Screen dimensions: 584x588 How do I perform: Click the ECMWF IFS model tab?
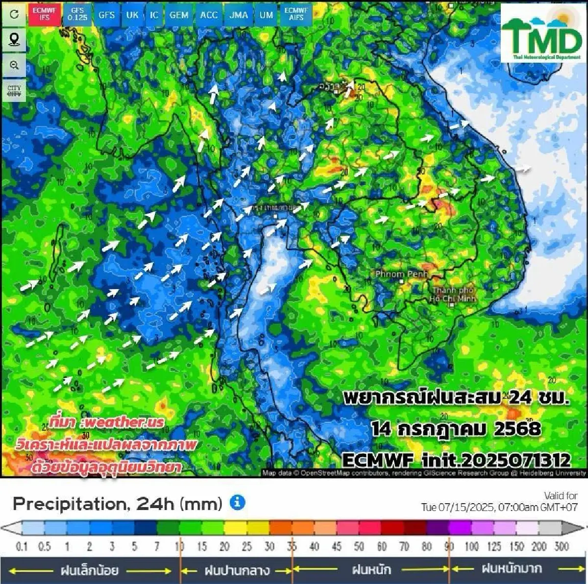pyautogui.click(x=45, y=14)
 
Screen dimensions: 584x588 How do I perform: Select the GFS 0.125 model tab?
pyautogui.click(x=77, y=14)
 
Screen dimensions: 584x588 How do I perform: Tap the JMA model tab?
pyautogui.click(x=239, y=15)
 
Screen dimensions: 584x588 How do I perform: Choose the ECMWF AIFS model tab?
pyautogui.click(x=296, y=14)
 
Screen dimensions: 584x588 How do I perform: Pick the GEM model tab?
pyautogui.click(x=179, y=15)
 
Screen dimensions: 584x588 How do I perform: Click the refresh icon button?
pyautogui.click(x=14, y=14)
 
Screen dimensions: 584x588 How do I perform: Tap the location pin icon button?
pyautogui.click(x=14, y=39)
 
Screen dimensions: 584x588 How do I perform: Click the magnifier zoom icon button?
pyautogui.click(x=14, y=65)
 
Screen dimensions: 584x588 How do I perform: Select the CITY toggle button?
pyautogui.click(x=14, y=91)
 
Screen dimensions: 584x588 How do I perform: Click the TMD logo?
pyautogui.click(x=541, y=34)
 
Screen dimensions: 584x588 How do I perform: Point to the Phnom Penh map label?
pyautogui.click(x=401, y=274)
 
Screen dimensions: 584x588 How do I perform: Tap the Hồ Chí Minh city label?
pyautogui.click(x=453, y=294)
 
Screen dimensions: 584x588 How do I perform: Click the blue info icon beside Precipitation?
pyautogui.click(x=238, y=503)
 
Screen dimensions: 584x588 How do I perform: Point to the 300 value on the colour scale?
pyautogui.click(x=562, y=546)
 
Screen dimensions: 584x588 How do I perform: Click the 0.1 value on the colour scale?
pyautogui.click(x=22, y=546)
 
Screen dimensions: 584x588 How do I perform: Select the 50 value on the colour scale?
pyautogui.click(x=359, y=546)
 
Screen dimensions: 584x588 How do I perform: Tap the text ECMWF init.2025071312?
pyautogui.click(x=456, y=460)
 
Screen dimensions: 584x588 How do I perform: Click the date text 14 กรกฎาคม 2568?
pyautogui.click(x=456, y=429)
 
